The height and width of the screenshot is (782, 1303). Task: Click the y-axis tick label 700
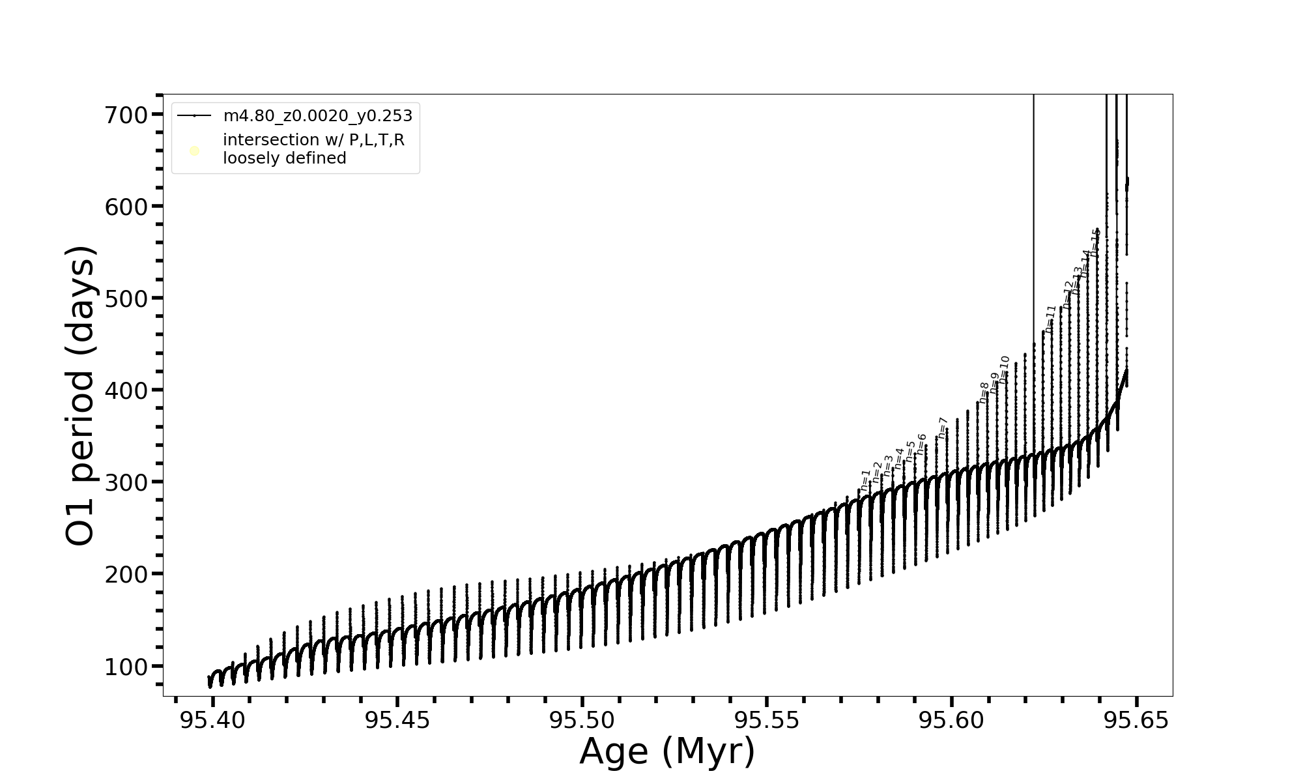[x=126, y=115]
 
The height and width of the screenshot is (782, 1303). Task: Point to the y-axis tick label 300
[x=126, y=483]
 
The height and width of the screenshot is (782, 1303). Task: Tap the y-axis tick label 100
[x=126, y=667]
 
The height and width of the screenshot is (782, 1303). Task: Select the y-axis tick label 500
[x=126, y=299]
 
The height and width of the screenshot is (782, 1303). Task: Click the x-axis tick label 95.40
[x=212, y=721]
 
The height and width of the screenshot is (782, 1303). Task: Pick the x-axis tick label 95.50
[x=582, y=721]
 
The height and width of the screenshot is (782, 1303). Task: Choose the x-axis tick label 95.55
[x=767, y=721]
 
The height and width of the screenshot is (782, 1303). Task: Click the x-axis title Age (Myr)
[x=667, y=751]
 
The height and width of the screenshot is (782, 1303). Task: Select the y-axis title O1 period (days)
[x=81, y=396]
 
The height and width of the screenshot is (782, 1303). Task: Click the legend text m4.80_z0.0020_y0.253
[x=318, y=116]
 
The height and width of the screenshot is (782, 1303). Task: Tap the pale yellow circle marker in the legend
[x=194, y=151]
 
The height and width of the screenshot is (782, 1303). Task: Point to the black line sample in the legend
[x=194, y=116]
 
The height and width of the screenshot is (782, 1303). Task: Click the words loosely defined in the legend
[x=285, y=158]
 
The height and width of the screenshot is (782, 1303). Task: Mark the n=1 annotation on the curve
[x=865, y=480]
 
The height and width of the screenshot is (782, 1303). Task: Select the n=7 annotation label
[x=942, y=428]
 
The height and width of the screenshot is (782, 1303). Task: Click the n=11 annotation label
[x=1050, y=319]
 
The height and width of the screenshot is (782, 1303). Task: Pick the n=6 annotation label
[x=921, y=444]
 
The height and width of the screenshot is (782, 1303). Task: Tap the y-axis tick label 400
[x=126, y=391]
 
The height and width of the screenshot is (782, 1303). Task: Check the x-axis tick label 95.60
[x=951, y=721]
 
